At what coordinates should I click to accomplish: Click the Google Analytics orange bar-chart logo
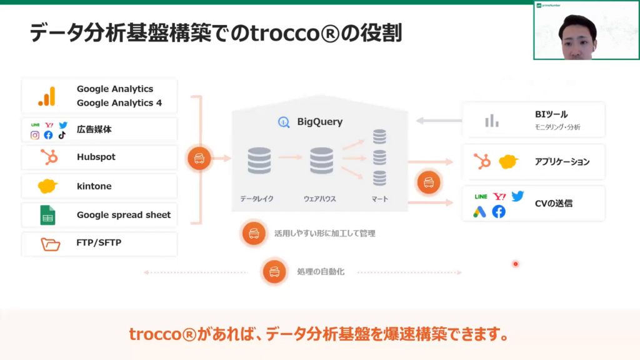[47, 96]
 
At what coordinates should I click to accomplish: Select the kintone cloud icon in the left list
[47, 186]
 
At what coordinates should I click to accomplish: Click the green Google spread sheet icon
[47, 215]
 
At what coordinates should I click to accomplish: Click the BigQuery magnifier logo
[284, 122]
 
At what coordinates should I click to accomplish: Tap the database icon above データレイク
[259, 161]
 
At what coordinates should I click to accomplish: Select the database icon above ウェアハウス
[321, 161]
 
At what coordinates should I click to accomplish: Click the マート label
[379, 199]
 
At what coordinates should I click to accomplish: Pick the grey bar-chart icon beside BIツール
[492, 121]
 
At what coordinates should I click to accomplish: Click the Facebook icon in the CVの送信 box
[498, 212]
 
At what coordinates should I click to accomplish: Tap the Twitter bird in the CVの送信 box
[517, 196]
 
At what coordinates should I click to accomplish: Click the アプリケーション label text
[562, 162]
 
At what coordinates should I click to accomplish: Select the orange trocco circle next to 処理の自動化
[274, 272]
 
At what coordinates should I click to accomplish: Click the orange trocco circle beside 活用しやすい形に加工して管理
[254, 234]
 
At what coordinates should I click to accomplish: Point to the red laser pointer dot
[516, 264]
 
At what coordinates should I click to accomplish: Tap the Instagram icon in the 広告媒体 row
[35, 135]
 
